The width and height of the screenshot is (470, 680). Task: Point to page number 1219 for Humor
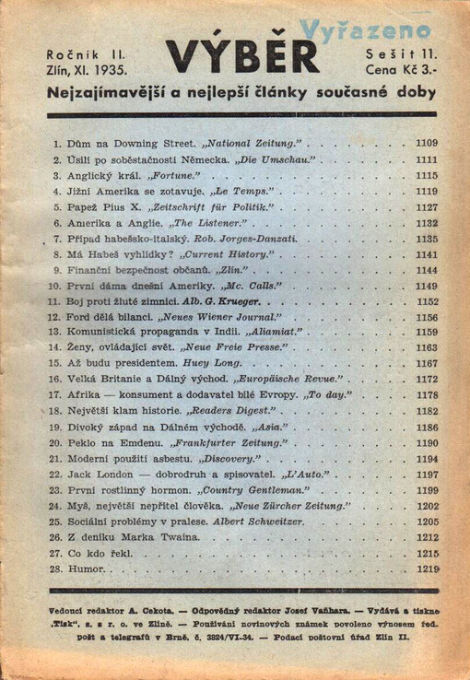[426, 569]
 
